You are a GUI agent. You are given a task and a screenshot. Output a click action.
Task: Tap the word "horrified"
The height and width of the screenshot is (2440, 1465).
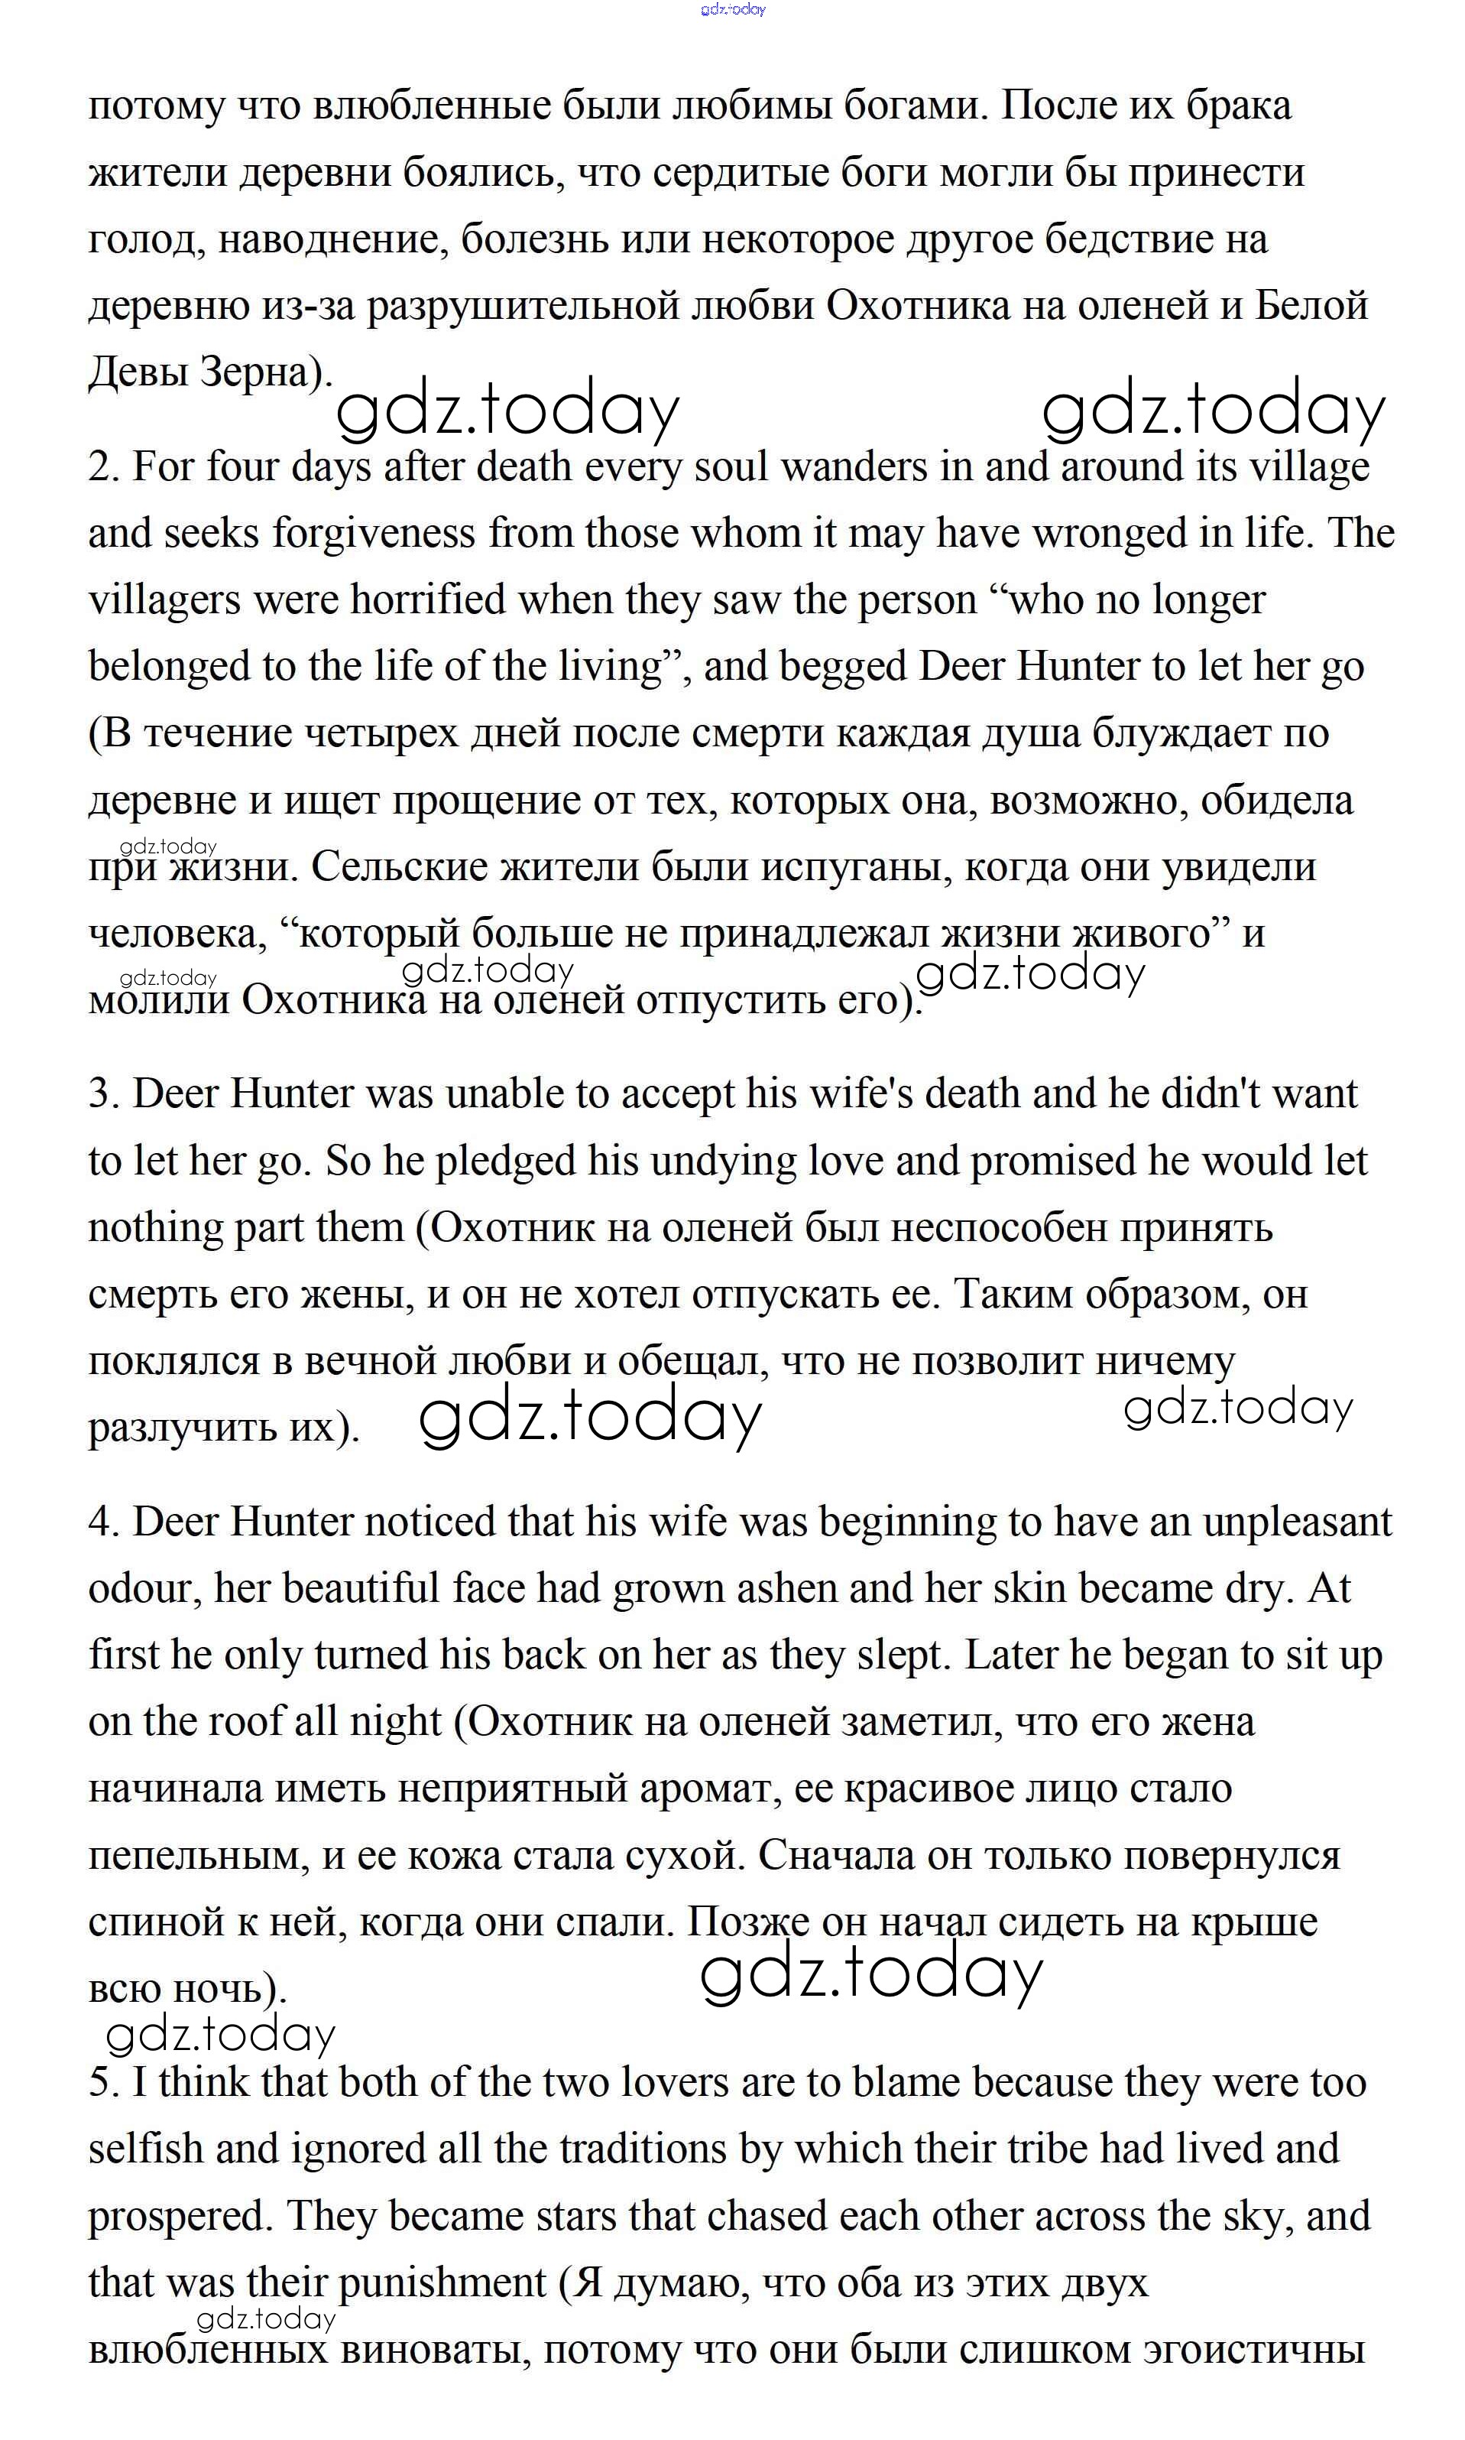click(x=427, y=599)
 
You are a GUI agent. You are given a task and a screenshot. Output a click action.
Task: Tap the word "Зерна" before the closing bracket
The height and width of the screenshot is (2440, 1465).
click(x=258, y=372)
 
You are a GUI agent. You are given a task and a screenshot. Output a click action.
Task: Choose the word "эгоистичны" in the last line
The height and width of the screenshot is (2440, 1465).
click(x=1254, y=2350)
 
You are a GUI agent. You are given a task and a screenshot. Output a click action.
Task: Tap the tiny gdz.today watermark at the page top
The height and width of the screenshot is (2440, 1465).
click(x=732, y=10)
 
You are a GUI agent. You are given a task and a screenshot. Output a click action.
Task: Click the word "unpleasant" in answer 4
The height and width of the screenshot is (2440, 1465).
click(x=1296, y=1522)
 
